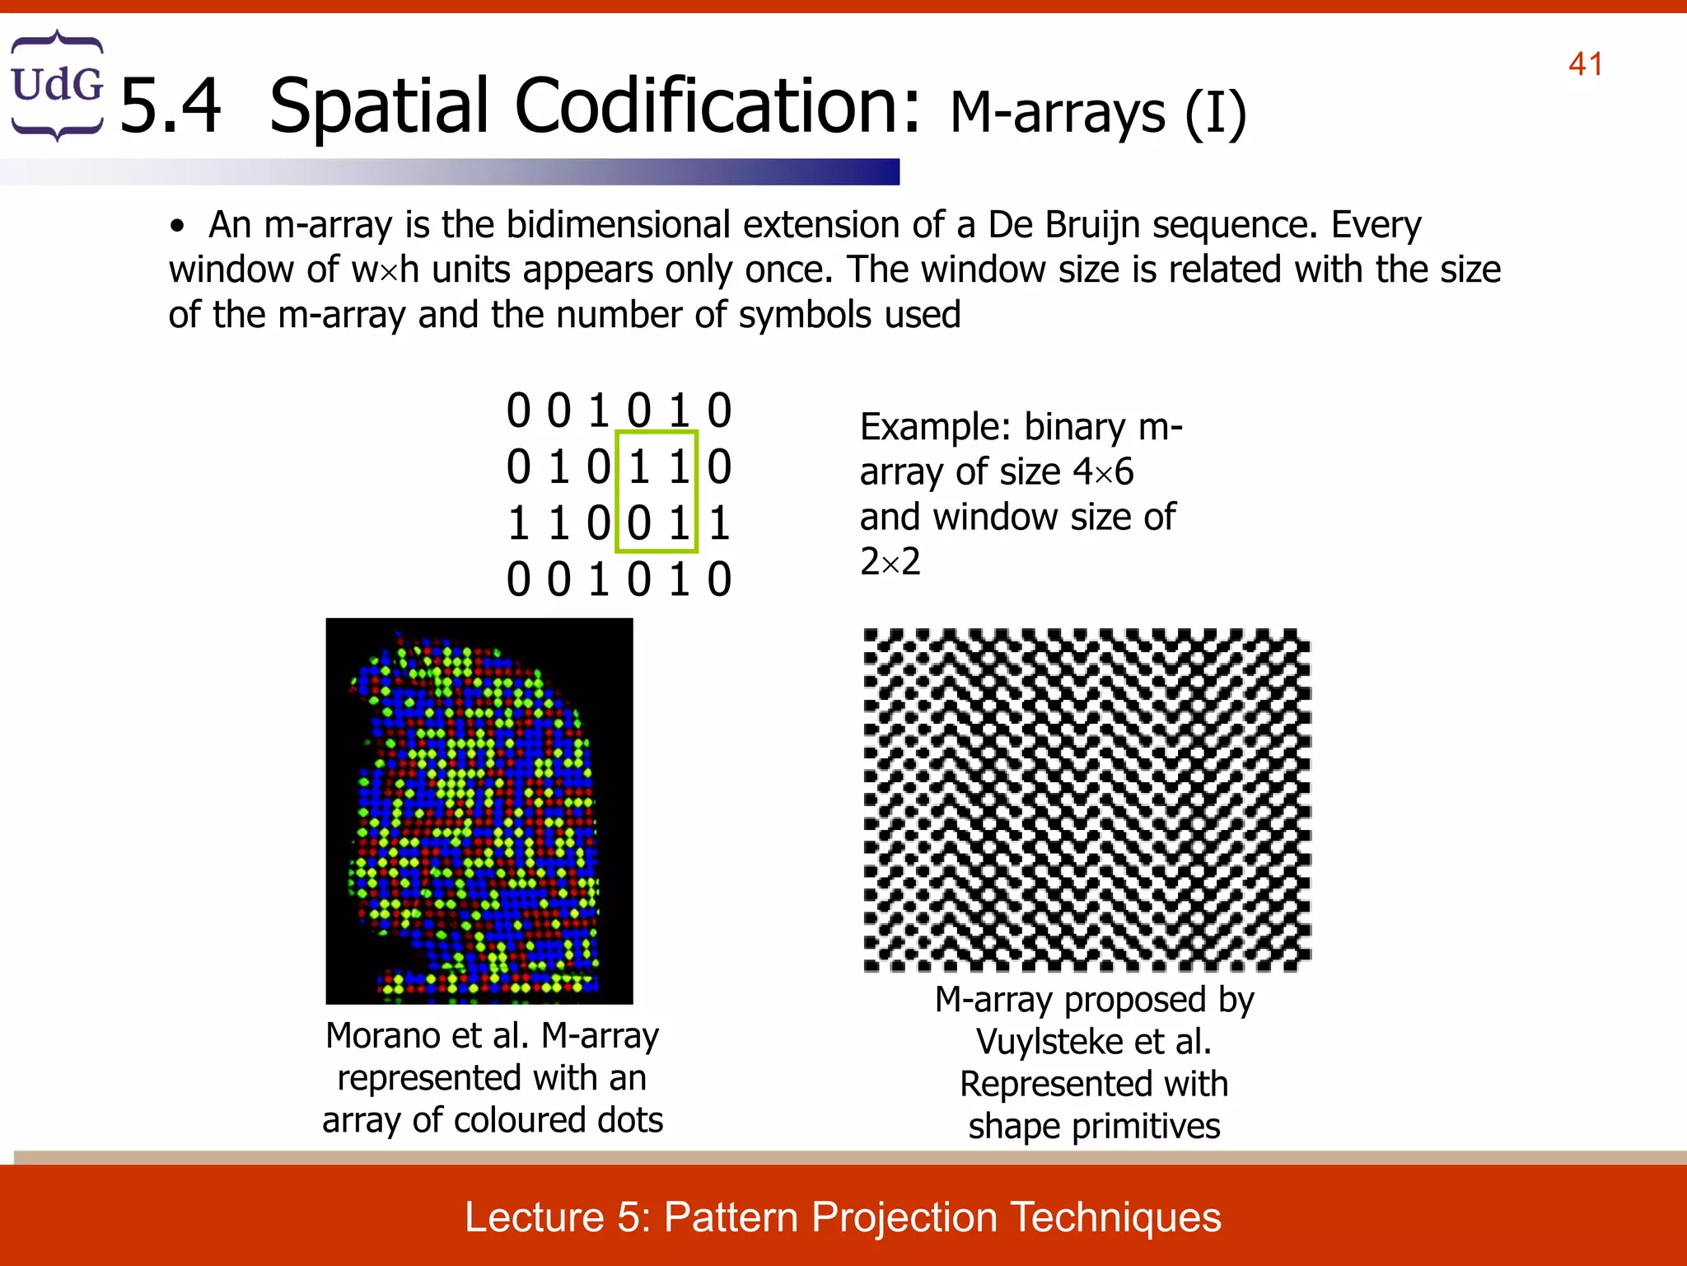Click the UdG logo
57,86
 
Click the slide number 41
1586,64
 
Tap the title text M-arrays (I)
1098,113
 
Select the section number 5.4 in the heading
171,107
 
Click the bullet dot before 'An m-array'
176,227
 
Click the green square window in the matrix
657,491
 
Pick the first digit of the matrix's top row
518,410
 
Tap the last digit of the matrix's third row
719,523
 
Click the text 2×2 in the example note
890,562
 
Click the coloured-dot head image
479,810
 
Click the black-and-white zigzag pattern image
1086,799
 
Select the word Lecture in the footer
535,1217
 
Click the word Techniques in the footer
1115,1217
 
